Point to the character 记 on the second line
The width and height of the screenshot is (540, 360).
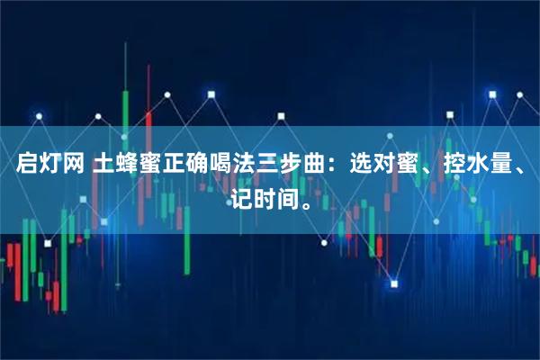point(240,197)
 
